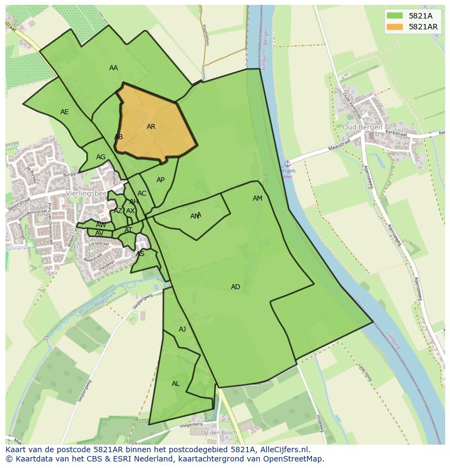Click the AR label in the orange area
[x=151, y=127]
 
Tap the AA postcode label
[x=114, y=68]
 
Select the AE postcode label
[x=65, y=112]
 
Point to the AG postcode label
[x=101, y=157]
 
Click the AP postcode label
[x=160, y=180]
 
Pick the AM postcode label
[x=258, y=198]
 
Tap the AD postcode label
[x=235, y=287]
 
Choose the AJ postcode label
[x=182, y=329]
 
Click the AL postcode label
[x=176, y=384]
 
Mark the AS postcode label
[x=140, y=254]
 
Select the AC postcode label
[x=142, y=194]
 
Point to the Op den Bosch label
[x=218, y=433]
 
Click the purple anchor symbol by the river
[x=287, y=163]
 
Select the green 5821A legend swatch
[x=395, y=16]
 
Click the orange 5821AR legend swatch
[x=395, y=27]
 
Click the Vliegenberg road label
[x=191, y=425]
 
